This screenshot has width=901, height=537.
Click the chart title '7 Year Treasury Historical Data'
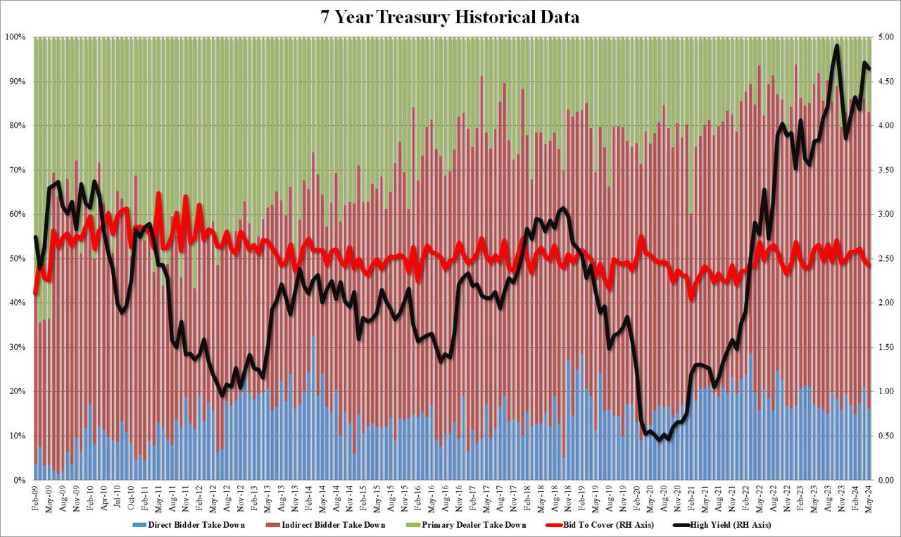[450, 17]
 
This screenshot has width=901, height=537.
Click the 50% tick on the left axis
[17, 258]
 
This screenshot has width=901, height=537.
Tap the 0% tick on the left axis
[19, 480]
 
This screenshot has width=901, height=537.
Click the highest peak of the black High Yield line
[836, 46]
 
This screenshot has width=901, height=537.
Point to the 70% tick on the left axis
[17, 170]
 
